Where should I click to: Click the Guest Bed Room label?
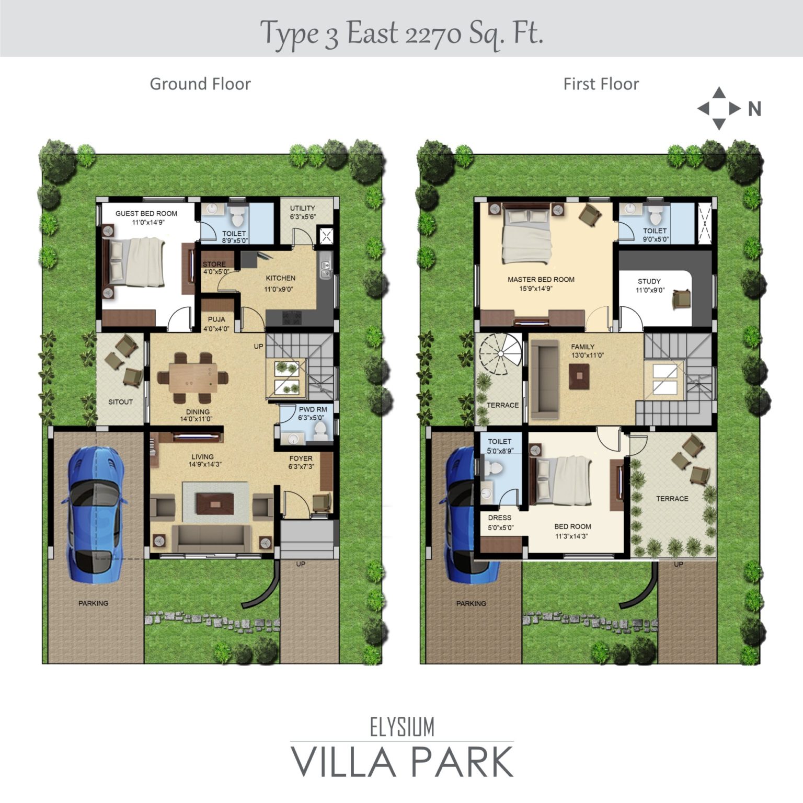(146, 213)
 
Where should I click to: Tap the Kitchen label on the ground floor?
(281, 278)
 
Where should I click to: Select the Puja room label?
(216, 319)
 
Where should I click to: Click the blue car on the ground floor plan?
(95, 514)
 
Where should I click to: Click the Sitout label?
(120, 402)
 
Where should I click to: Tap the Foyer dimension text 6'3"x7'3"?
(301, 466)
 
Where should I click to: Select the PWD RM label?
(313, 409)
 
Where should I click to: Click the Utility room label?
(302, 208)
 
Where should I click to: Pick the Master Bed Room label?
(541, 279)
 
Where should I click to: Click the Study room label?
(649, 281)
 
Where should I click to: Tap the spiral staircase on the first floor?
(500, 354)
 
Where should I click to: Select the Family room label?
(582, 347)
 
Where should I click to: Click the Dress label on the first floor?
(500, 518)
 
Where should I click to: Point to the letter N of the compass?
(754, 109)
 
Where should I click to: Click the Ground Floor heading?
(200, 84)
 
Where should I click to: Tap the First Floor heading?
(601, 84)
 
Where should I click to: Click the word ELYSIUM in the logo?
(402, 727)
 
